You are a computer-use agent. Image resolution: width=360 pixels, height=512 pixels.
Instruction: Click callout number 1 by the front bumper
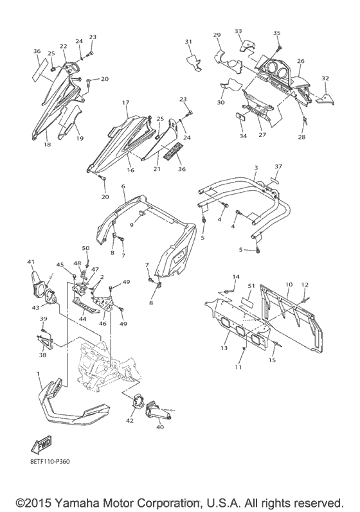click(38, 373)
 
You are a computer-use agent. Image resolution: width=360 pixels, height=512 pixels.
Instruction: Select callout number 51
click(251, 285)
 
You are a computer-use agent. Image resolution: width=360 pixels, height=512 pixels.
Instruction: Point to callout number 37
click(278, 166)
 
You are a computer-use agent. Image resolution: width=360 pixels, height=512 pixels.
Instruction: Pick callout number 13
click(224, 348)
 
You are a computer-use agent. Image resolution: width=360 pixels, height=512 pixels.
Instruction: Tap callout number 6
click(123, 186)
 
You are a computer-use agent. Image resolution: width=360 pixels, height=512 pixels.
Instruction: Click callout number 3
click(256, 168)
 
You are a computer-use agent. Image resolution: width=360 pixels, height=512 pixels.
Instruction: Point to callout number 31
click(188, 42)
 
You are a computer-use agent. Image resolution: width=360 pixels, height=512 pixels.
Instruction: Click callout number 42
click(130, 421)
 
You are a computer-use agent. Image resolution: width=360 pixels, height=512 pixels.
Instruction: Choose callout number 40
click(160, 427)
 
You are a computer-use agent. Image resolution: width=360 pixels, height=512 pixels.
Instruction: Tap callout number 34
click(243, 136)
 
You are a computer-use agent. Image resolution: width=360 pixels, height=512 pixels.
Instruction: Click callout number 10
click(289, 285)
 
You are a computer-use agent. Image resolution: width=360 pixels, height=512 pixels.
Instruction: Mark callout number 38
click(43, 355)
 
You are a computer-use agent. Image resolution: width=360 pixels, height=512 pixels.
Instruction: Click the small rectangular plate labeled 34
click(241, 116)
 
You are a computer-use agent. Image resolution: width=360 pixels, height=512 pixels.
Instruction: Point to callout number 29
click(217, 35)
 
